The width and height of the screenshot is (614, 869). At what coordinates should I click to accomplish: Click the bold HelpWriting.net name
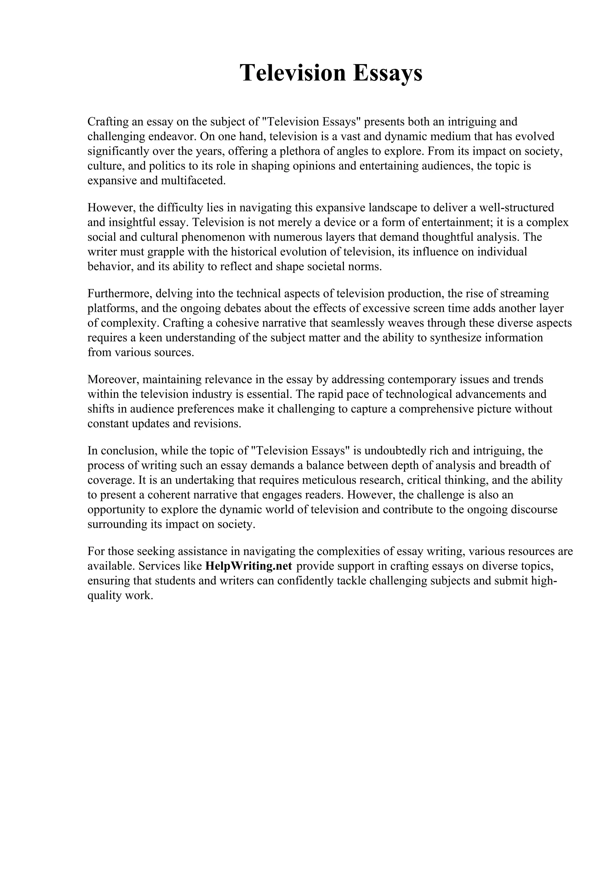(x=249, y=566)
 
